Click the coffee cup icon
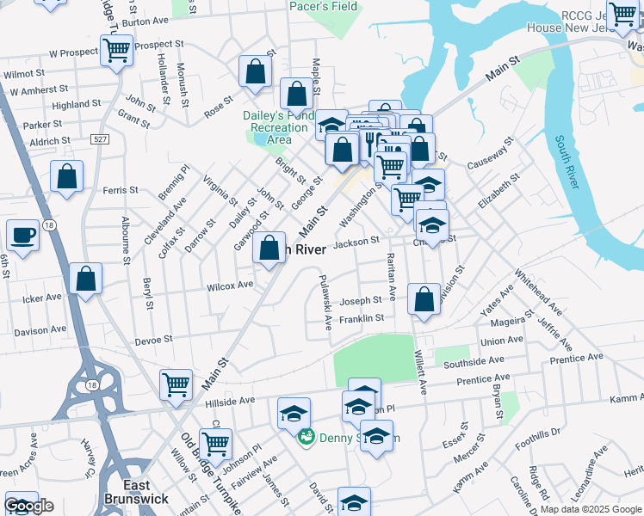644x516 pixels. [x=22, y=235]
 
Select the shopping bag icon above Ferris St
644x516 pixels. [x=66, y=176]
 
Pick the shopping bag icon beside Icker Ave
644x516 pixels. [x=85, y=279]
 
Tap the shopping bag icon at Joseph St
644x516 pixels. [x=424, y=299]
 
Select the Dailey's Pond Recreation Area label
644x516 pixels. [x=279, y=127]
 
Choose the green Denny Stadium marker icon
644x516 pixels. [x=306, y=438]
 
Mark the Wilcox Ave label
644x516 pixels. [x=229, y=284]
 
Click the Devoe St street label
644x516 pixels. [x=154, y=339]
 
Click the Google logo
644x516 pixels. [x=29, y=506]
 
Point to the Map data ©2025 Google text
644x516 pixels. [x=591, y=509]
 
